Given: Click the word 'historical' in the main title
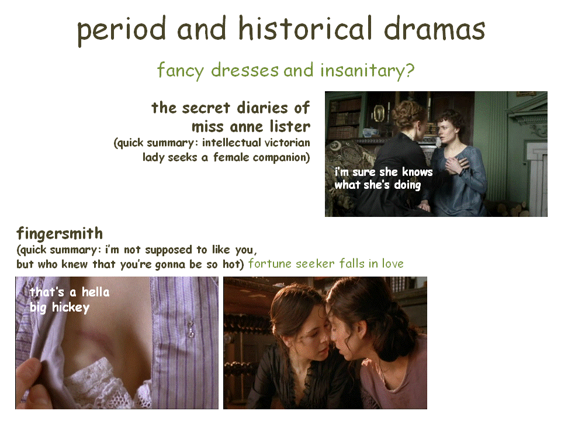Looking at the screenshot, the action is [305, 28].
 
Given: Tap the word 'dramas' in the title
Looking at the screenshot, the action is [434, 28].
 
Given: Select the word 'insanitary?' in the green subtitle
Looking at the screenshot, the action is [367, 70].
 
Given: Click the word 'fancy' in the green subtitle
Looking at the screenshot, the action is [181, 71].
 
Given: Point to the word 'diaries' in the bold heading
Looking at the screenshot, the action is [262, 108].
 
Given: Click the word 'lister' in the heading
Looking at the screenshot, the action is [290, 126].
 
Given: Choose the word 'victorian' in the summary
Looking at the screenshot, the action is [287, 143].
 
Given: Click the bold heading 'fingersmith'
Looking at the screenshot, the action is [60, 234].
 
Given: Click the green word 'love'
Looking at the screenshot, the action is [393, 264].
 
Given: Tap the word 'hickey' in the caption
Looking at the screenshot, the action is [71, 308].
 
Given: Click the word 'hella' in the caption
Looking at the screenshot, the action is [95, 292].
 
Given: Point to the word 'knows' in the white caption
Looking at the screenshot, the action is [417, 172].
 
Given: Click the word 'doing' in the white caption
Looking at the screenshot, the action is [407, 185].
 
